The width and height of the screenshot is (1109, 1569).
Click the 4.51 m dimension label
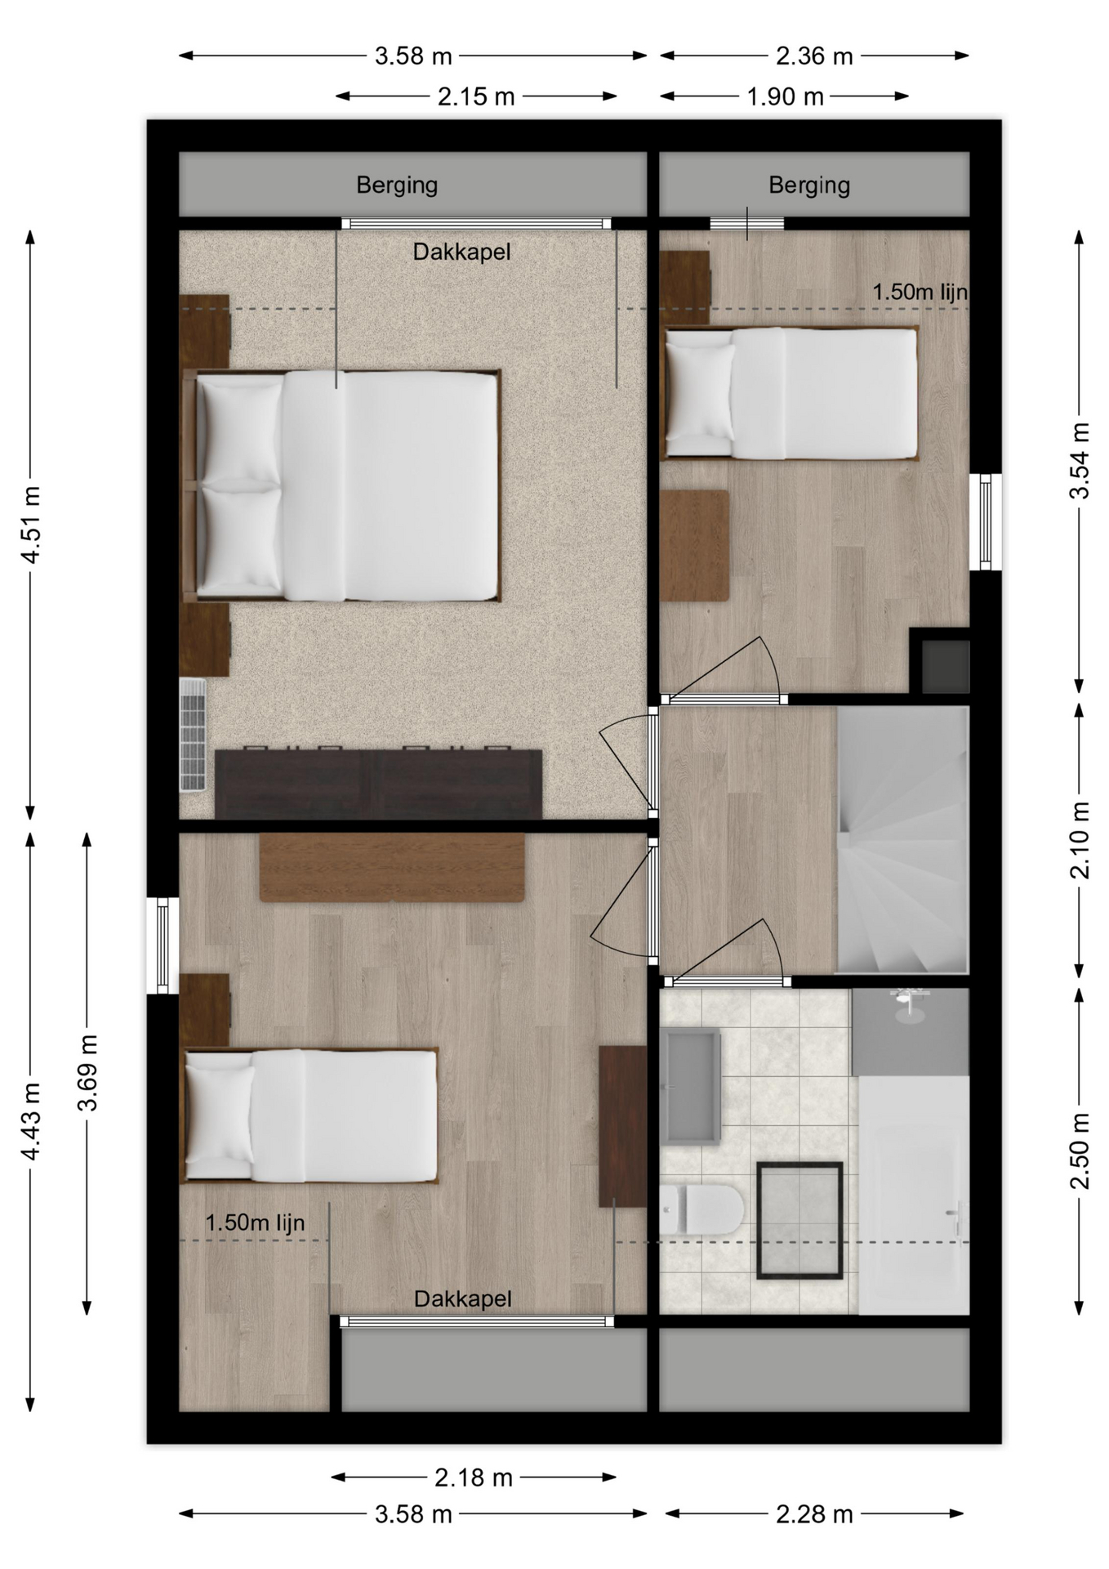pyautogui.click(x=31, y=525)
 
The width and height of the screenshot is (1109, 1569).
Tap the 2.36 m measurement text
pyautogui.click(x=814, y=56)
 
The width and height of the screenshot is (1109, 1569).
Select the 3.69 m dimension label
pyautogui.click(x=87, y=1073)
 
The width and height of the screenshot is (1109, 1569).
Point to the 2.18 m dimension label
pyautogui.click(x=474, y=1477)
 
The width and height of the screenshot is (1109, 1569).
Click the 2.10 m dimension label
pyautogui.click(x=1080, y=840)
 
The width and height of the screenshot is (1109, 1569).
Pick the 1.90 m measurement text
pyautogui.click(x=785, y=96)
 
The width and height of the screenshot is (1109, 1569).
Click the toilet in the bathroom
pyautogui.click(x=702, y=1209)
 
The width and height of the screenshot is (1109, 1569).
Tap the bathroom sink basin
pyautogui.click(x=691, y=1087)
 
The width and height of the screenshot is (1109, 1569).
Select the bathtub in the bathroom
pyautogui.click(x=913, y=1195)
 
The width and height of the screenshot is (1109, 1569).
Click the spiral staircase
pyautogui.click(x=902, y=840)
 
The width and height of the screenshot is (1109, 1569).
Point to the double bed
pyautogui.click(x=341, y=485)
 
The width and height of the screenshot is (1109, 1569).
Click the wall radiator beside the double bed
pyautogui.click(x=193, y=735)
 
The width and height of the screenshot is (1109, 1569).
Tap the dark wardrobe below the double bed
pyautogui.click(x=378, y=784)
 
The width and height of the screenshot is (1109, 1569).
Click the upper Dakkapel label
pyautogui.click(x=461, y=252)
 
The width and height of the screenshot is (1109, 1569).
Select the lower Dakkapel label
pyautogui.click(x=463, y=1299)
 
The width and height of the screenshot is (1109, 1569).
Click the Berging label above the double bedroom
pyautogui.click(x=397, y=186)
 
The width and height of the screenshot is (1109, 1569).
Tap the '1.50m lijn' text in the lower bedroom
pyautogui.click(x=255, y=1223)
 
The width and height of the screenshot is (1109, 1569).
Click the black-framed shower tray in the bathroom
pyautogui.click(x=799, y=1220)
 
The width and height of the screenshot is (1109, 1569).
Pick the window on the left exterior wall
pyautogui.click(x=163, y=945)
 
